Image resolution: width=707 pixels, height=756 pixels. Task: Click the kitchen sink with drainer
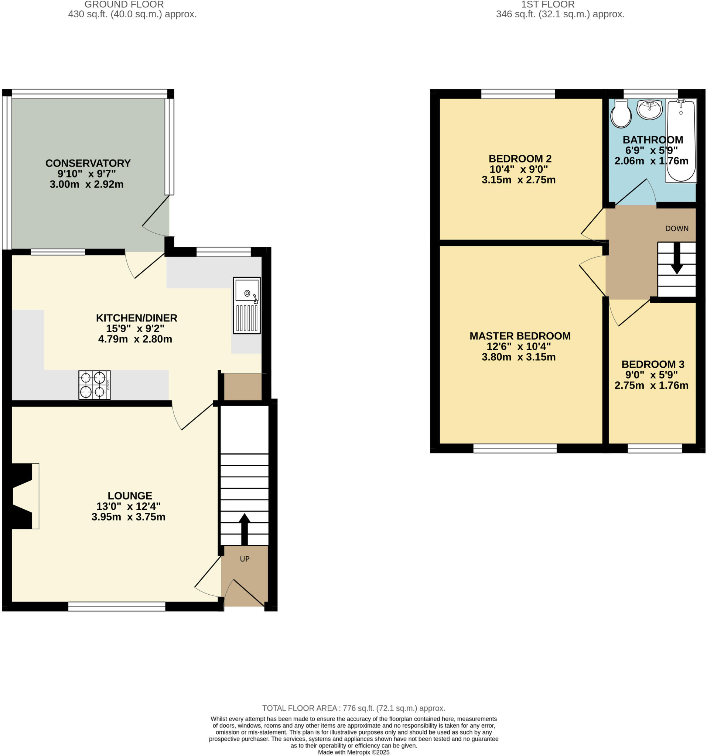point(247,305)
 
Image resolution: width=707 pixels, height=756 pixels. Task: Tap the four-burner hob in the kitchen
point(94,385)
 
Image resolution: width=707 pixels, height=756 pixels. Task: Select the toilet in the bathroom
point(621,113)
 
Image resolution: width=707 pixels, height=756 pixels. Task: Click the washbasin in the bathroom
point(650,109)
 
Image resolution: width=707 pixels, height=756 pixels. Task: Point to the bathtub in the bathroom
point(681,141)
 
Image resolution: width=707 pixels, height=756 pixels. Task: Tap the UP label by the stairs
point(244,559)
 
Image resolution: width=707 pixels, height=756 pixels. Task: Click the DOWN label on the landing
point(677,228)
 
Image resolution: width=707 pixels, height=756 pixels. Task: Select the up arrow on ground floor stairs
point(244,529)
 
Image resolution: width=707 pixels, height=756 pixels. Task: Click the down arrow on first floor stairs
point(677,259)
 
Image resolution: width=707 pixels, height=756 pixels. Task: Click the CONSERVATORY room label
point(88,163)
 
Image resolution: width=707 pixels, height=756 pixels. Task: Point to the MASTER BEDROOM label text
point(520,336)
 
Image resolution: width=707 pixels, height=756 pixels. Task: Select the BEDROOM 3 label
point(653,364)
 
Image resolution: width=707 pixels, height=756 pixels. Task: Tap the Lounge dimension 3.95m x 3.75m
point(128,517)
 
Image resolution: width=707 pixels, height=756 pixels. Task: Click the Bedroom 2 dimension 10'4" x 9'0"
point(518,169)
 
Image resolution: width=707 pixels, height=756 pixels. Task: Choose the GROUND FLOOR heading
point(124,4)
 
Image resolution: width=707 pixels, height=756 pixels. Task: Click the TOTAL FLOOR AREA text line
point(353,708)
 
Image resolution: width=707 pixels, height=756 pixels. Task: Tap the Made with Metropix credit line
point(353,752)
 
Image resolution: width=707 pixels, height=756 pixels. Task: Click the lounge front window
point(116,606)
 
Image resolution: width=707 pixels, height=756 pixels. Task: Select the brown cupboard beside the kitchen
point(242,386)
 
